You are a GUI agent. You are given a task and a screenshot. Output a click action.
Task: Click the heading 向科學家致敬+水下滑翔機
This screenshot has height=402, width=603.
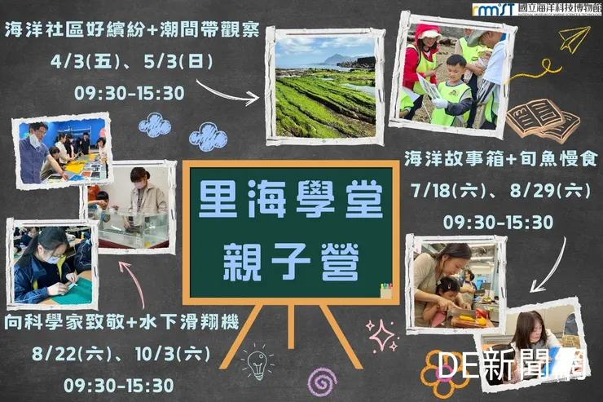pyautogui.click(x=121, y=322)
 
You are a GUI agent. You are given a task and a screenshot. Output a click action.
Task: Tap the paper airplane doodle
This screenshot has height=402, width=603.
pyautogui.click(x=574, y=38)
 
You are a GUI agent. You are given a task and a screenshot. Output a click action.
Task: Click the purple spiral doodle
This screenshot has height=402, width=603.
pyautogui.click(x=322, y=381)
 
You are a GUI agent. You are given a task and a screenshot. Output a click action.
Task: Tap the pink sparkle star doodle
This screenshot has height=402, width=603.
pyautogui.click(x=381, y=334)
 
